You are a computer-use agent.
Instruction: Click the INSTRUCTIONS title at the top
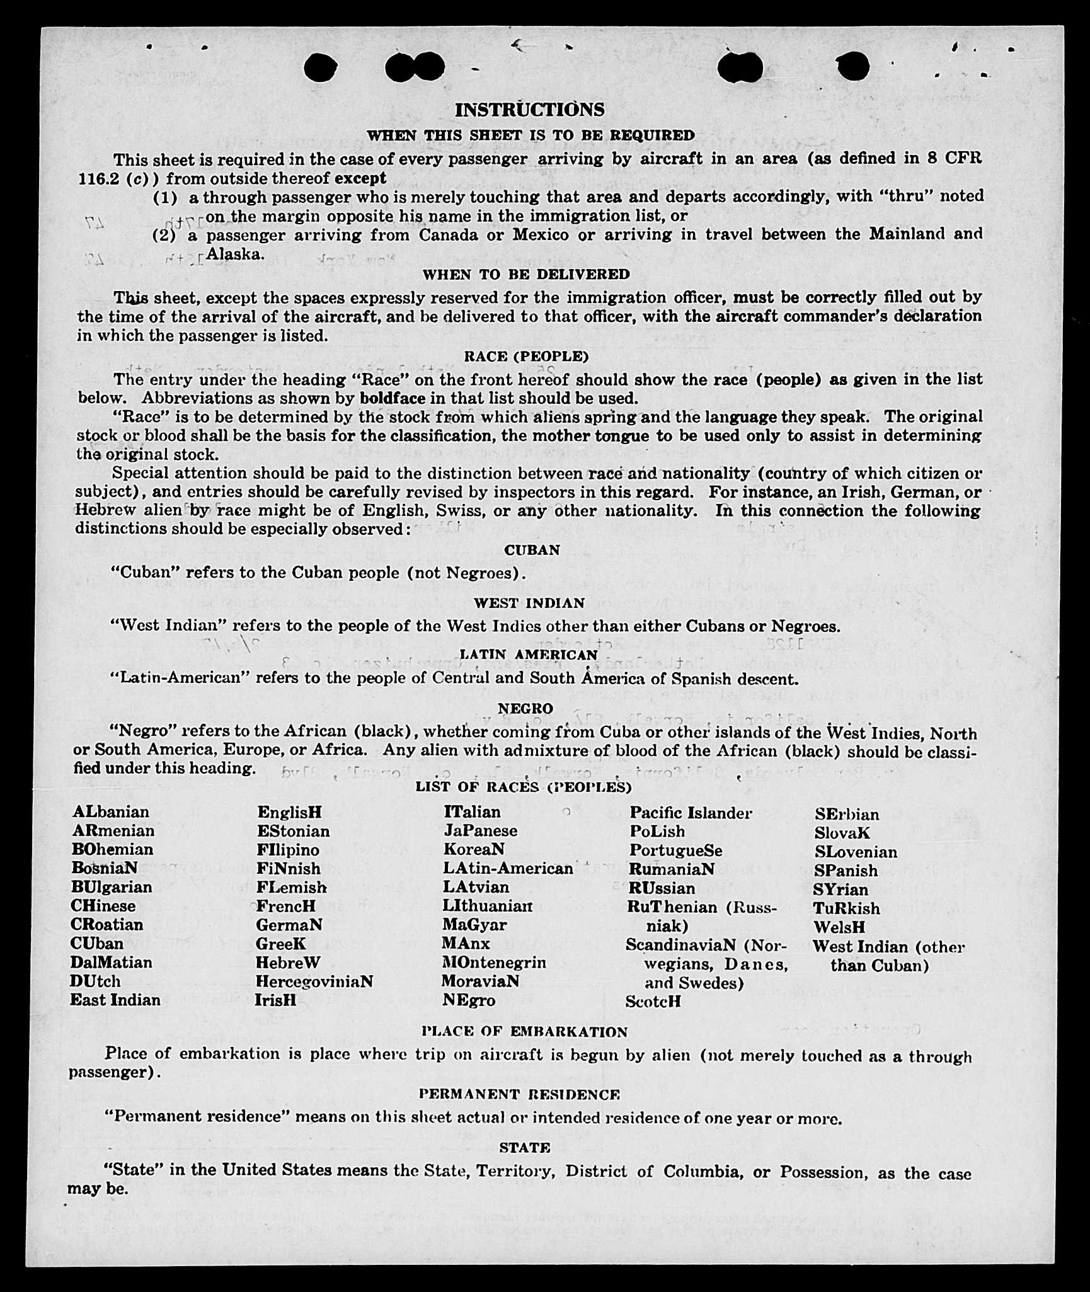pyautogui.click(x=529, y=110)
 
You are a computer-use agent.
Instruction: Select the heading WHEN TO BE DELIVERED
pyautogui.click(x=526, y=275)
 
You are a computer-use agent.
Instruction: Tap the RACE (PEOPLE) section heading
pyautogui.click(x=526, y=357)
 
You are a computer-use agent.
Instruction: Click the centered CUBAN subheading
pyautogui.click(x=532, y=550)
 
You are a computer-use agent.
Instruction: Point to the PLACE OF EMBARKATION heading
pyautogui.click(x=524, y=1032)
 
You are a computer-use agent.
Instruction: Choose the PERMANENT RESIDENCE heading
pyautogui.click(x=519, y=1094)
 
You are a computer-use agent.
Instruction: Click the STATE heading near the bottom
pyautogui.click(x=524, y=1148)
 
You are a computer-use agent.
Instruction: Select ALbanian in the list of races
pyautogui.click(x=111, y=811)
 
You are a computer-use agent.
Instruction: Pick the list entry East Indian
pyautogui.click(x=115, y=1000)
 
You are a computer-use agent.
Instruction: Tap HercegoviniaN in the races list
pyautogui.click(x=314, y=981)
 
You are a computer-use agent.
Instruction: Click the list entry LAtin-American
pyautogui.click(x=508, y=868)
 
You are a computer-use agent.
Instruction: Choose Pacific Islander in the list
pyautogui.click(x=691, y=813)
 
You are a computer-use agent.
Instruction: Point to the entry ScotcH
pyautogui.click(x=653, y=1001)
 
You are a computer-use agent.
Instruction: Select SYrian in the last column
pyautogui.click(x=840, y=889)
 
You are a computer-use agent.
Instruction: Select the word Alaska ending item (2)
pyautogui.click(x=234, y=254)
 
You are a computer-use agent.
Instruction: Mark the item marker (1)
pyautogui.click(x=165, y=198)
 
